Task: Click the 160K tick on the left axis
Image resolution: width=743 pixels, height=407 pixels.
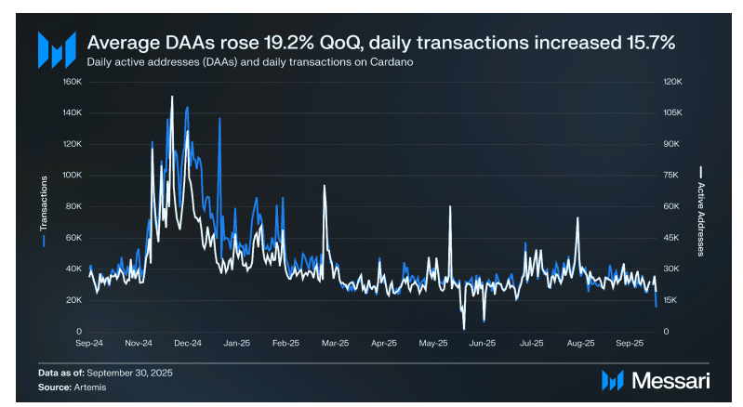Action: click(73, 81)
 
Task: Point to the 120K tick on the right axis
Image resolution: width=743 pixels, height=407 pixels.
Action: click(671, 81)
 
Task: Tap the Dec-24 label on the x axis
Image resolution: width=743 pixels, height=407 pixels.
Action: click(187, 343)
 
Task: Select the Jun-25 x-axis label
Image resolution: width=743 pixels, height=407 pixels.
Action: click(482, 343)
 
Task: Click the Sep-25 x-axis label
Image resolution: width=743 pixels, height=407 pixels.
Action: click(630, 343)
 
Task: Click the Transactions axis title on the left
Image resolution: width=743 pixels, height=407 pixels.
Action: click(44, 206)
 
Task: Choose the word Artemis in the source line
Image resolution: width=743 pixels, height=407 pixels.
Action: click(90, 386)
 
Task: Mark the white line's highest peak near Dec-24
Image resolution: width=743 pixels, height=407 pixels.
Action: click(171, 96)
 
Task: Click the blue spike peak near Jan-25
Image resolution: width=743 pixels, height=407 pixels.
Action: click(219, 119)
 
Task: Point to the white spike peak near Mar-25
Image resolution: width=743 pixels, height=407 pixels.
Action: click(324, 186)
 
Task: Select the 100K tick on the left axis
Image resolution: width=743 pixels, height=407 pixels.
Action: click(73, 175)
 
